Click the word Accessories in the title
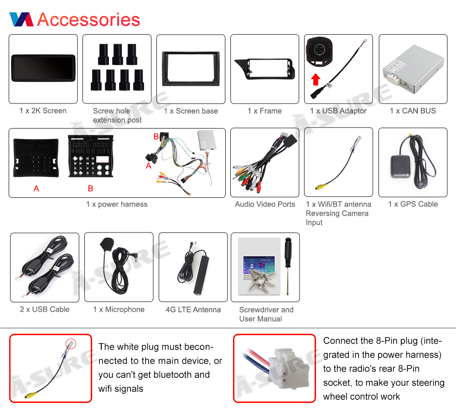[x=88, y=20]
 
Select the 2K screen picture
[x=43, y=69]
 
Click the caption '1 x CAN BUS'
[x=413, y=111]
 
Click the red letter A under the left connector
[x=36, y=188]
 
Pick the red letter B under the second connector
[x=90, y=188]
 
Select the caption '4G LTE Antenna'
[x=193, y=310]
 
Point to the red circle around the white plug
[x=71, y=343]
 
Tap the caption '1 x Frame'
[x=264, y=111]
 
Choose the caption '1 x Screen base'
[x=191, y=111]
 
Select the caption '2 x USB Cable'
[x=45, y=309]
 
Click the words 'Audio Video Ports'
[x=265, y=204]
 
